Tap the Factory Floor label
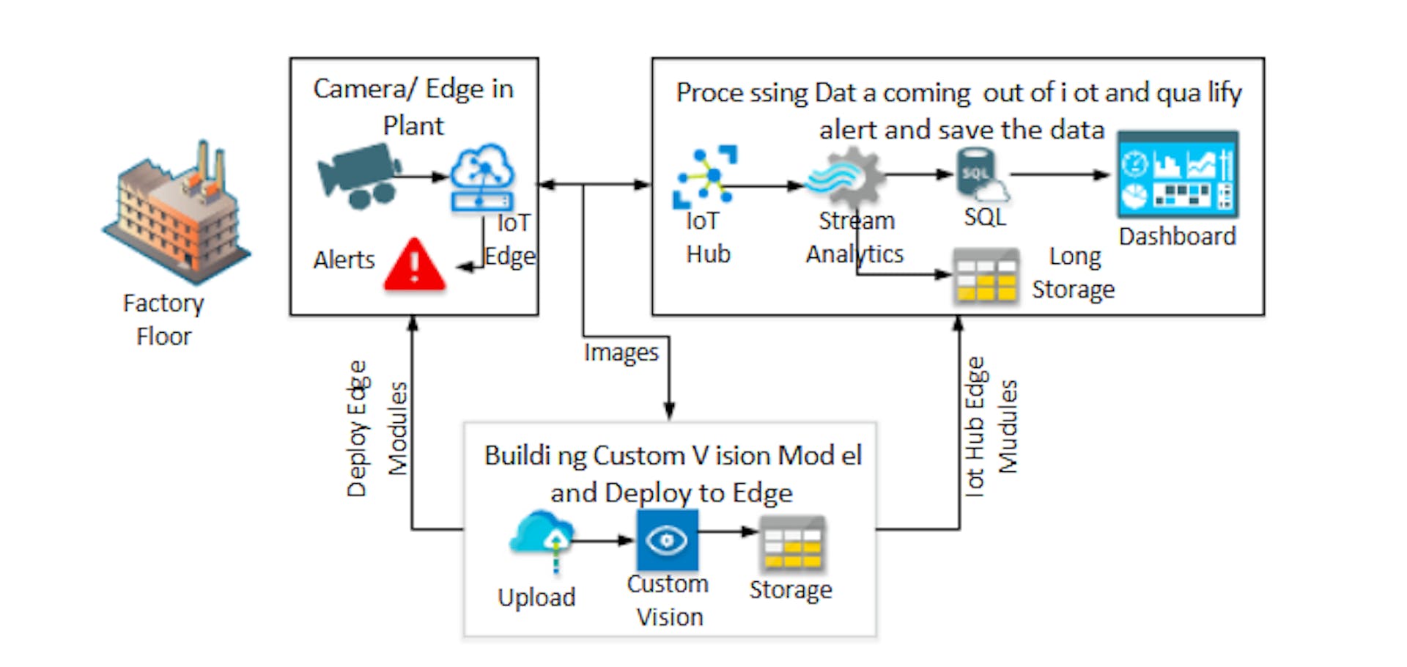pos(163,320)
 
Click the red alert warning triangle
pos(415,265)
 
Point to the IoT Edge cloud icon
pos(481,178)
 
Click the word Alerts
pos(344,260)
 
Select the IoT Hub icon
pos(705,177)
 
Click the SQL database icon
pos(981,175)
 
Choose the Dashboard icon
pos(1177,174)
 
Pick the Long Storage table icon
pos(986,276)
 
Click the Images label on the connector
pos(621,353)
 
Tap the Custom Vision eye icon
pos(667,541)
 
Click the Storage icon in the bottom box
pos(791,544)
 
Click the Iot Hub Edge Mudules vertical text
pos(991,428)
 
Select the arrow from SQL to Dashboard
pos(1060,175)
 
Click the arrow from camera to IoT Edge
pos(423,177)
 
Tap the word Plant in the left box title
pos(413,126)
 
